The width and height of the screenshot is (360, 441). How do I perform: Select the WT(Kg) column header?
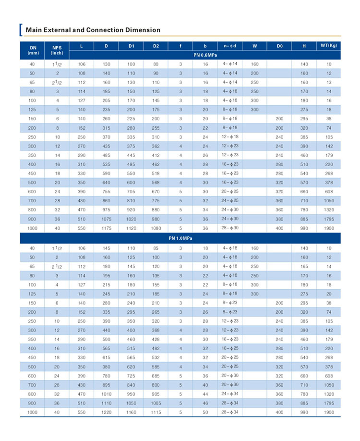pos(328,46)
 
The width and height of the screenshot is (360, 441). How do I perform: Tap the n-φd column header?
pos(229,46)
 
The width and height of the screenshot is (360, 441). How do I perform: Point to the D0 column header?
pos(279,46)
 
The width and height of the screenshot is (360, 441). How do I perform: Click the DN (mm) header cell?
pos(32,50)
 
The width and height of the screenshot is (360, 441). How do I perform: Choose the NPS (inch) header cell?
pos(57,50)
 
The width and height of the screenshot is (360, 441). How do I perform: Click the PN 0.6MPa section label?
pos(205,55)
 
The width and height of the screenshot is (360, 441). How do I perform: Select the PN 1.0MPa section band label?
pos(180,238)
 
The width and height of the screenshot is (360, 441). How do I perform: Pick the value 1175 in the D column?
pos(106,228)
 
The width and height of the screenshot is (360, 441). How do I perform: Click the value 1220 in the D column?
pos(106,412)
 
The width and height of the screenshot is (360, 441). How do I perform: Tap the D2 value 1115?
pos(156,412)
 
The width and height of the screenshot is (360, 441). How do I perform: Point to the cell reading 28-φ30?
pos(229,228)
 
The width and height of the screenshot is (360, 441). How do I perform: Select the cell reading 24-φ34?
pos(229,394)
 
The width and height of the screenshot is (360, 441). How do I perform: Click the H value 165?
pos(304,266)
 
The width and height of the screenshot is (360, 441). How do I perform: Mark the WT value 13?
pos(329,83)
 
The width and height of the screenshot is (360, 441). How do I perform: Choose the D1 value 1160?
pos(131,412)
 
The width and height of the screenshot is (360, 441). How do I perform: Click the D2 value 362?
pos(156,146)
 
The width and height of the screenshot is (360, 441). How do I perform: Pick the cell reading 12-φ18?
pos(229,137)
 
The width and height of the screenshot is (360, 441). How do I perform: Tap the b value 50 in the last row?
pos(205,412)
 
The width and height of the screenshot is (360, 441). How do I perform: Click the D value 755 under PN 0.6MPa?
pos(106,192)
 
